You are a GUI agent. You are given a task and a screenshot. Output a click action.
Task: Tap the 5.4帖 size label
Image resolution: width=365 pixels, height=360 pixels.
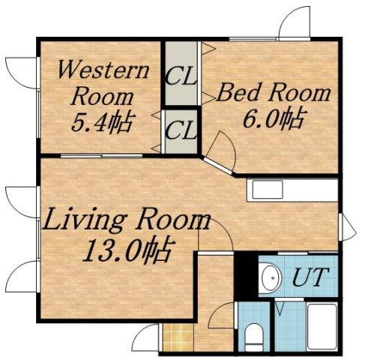pos(102,121)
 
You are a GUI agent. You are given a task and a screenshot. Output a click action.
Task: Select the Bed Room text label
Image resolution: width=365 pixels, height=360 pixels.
pos(274,94)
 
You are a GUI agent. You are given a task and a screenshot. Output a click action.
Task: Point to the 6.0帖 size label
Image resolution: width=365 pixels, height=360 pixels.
pos(272,118)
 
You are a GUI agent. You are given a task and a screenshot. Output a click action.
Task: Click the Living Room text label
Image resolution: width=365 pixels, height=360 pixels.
pos(126,222)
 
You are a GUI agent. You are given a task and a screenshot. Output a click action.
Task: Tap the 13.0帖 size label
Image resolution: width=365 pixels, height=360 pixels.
pos(126,248)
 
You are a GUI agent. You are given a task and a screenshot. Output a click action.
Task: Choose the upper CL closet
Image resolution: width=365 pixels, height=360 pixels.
pos(180,74)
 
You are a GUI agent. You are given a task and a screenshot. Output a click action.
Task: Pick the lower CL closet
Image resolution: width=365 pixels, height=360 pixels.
pos(180,131)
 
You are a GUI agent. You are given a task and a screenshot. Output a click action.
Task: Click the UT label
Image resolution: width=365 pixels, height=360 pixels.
pos(308,277)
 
